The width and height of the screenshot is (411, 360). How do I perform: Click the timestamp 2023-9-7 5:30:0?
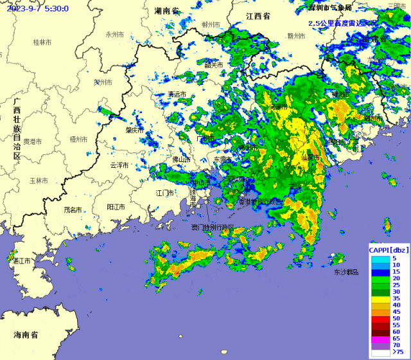[x=38, y=8]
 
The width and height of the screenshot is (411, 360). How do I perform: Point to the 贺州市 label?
[x=103, y=82]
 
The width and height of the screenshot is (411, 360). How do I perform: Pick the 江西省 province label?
[x=258, y=15]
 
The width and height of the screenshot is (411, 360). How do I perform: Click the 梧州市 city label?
[x=80, y=139]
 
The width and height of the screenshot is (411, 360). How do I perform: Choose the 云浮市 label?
[x=119, y=165]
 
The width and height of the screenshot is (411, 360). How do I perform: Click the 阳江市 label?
[x=116, y=207]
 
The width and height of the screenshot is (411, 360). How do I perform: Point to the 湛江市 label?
[x=22, y=260]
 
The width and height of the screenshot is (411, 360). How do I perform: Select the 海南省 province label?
[x=26, y=335]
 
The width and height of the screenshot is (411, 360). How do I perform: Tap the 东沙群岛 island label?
[x=345, y=273]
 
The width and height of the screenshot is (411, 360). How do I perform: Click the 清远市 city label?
[x=177, y=94]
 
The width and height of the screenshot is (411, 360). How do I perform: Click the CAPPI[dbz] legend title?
[x=387, y=249]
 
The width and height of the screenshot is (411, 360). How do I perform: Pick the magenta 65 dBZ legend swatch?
[x=378, y=338]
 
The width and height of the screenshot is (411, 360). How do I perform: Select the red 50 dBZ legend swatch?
[x=378, y=318]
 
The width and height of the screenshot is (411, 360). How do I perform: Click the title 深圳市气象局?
[x=330, y=8]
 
